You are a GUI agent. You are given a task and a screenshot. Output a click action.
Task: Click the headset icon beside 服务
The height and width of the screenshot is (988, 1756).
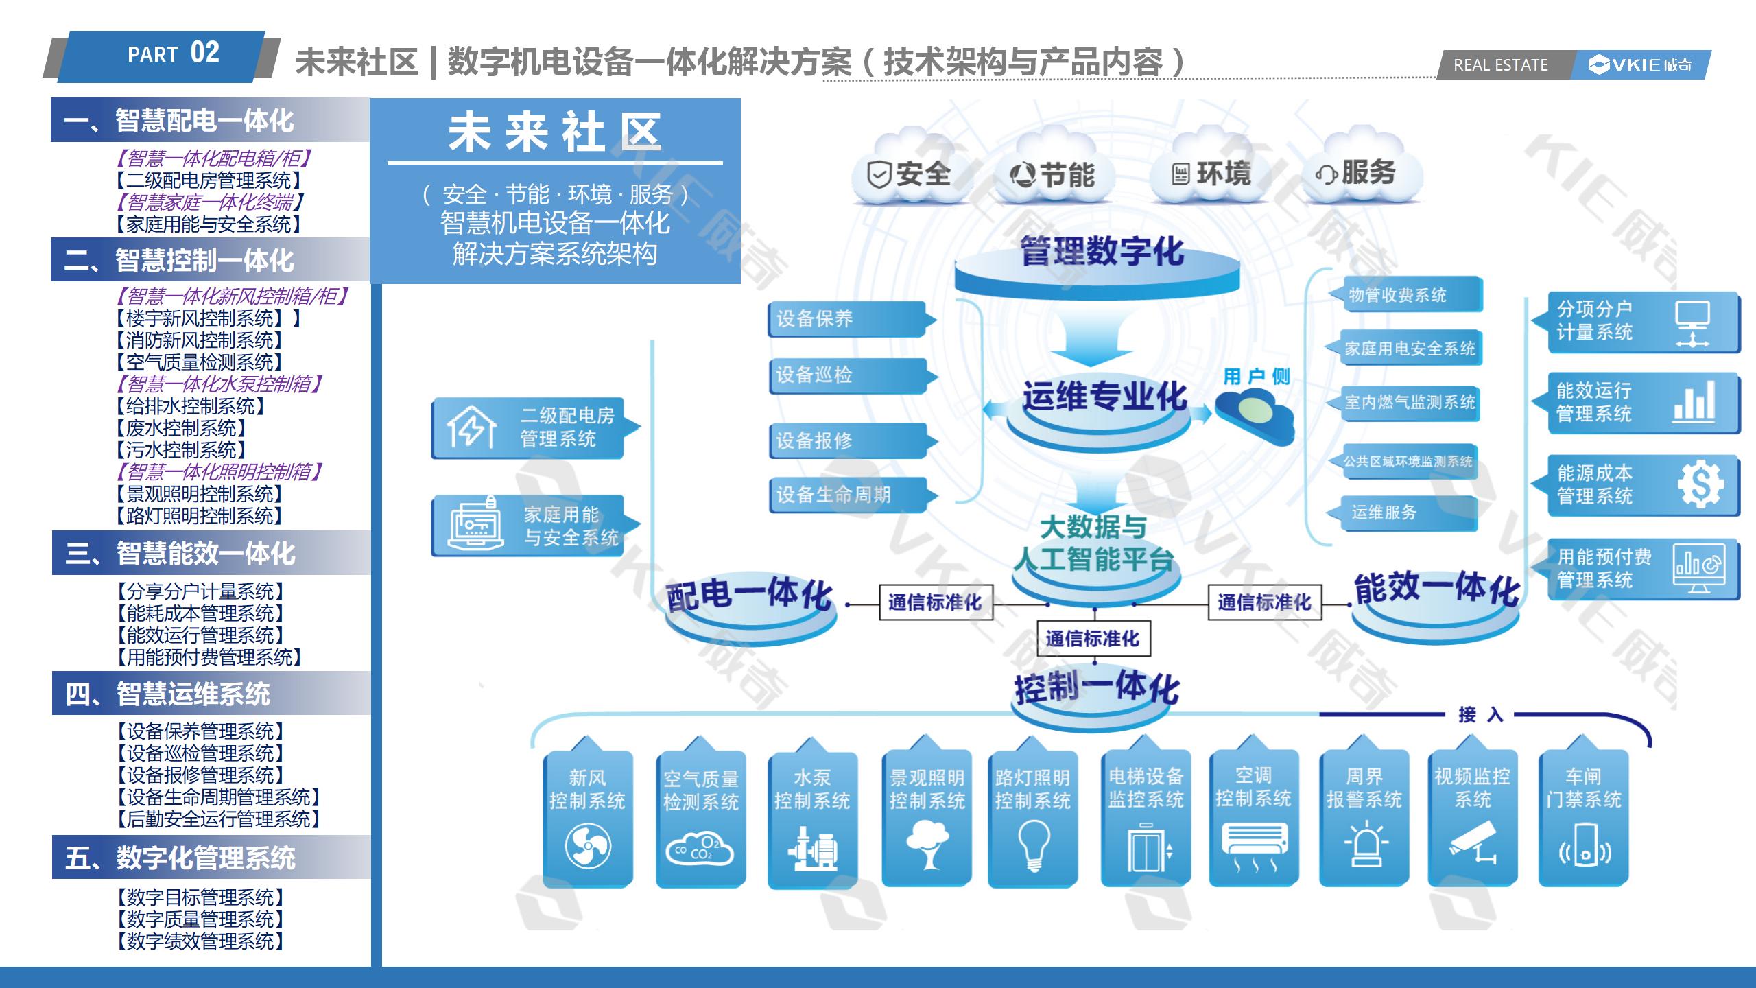[x=1326, y=174]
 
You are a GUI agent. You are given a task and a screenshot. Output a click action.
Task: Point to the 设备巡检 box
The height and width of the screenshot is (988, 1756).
[x=849, y=375]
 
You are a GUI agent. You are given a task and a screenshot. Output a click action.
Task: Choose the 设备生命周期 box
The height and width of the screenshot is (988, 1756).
[x=849, y=495]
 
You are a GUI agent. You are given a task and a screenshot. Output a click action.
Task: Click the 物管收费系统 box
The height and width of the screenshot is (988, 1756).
[x=1406, y=295]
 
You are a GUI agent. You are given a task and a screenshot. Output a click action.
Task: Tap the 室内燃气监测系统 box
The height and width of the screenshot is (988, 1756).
[x=1406, y=402]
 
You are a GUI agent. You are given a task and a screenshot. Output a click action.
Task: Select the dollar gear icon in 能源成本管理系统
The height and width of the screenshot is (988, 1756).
[x=1700, y=484]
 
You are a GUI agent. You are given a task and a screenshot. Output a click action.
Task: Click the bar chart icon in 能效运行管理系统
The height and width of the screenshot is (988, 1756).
[x=1694, y=401]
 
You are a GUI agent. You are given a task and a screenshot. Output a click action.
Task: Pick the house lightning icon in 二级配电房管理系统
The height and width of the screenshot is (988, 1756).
[x=472, y=427]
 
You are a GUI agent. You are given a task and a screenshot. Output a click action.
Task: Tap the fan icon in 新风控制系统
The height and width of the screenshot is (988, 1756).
[x=587, y=846]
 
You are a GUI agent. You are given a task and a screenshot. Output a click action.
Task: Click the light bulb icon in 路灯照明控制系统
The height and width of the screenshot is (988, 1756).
[x=1033, y=846]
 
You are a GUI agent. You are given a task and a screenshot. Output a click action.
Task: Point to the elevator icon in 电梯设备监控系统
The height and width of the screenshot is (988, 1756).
[x=1146, y=849]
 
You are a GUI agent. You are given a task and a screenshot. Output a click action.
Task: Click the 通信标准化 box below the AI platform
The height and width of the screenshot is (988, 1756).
[x=1093, y=639]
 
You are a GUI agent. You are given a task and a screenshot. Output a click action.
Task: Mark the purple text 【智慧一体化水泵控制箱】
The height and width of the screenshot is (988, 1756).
[x=218, y=384]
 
